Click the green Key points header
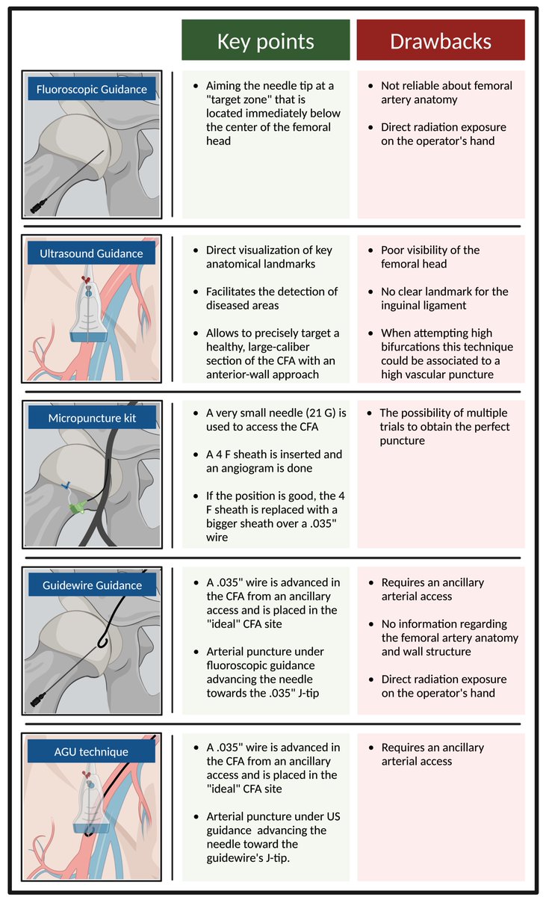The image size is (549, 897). point(265,40)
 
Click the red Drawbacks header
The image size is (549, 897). point(441,40)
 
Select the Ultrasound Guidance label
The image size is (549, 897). point(91,253)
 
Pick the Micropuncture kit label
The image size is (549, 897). point(91,417)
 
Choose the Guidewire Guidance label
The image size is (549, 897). point(91,585)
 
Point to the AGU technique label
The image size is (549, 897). point(91,751)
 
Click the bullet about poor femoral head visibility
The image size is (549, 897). point(429,256)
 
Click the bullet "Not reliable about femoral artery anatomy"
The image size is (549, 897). point(446,93)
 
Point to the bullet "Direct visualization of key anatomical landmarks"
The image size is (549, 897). point(269,256)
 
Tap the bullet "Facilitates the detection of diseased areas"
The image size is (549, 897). point(271,298)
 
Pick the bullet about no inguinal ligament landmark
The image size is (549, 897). point(444,298)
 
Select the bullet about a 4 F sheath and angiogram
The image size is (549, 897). point(273,461)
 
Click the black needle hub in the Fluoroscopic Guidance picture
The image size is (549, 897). point(38,207)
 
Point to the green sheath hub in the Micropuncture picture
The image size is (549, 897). point(75,508)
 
